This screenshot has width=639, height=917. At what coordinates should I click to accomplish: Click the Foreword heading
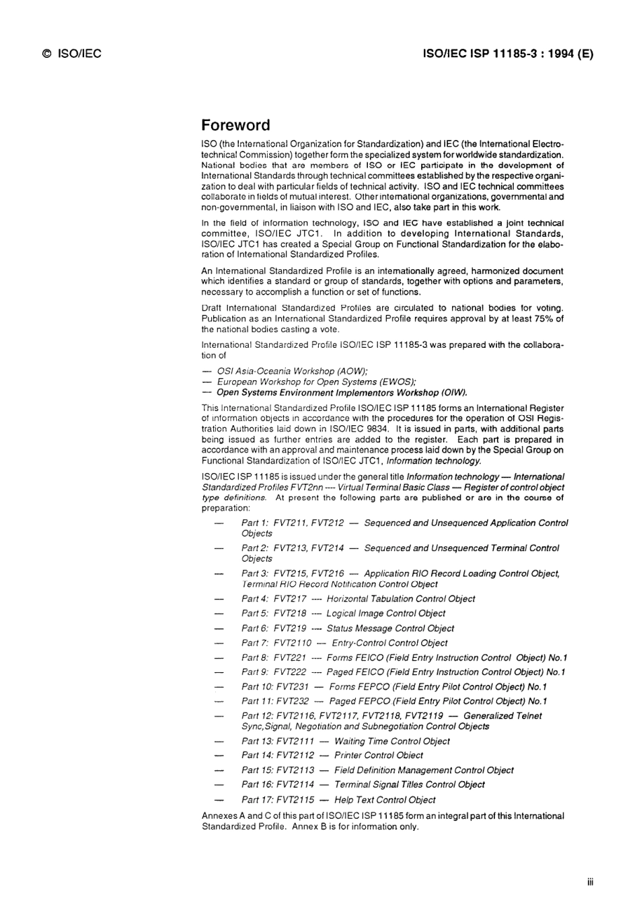pos(235,126)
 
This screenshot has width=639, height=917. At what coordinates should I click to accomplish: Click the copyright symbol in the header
pos(46,54)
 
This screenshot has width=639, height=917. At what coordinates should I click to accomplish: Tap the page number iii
pos(590,882)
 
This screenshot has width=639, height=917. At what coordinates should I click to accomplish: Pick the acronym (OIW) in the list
pos(453,393)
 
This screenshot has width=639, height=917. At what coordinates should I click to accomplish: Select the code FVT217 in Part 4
pos(290,599)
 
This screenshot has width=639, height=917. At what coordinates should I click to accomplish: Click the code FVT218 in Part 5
pos(290,614)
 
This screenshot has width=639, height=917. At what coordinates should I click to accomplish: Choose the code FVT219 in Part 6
pos(290,628)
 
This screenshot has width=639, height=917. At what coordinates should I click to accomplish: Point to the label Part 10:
pos(256,687)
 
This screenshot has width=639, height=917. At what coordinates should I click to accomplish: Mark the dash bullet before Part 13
pos(218,741)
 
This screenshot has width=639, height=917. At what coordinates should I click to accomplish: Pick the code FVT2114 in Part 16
pos(295,784)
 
